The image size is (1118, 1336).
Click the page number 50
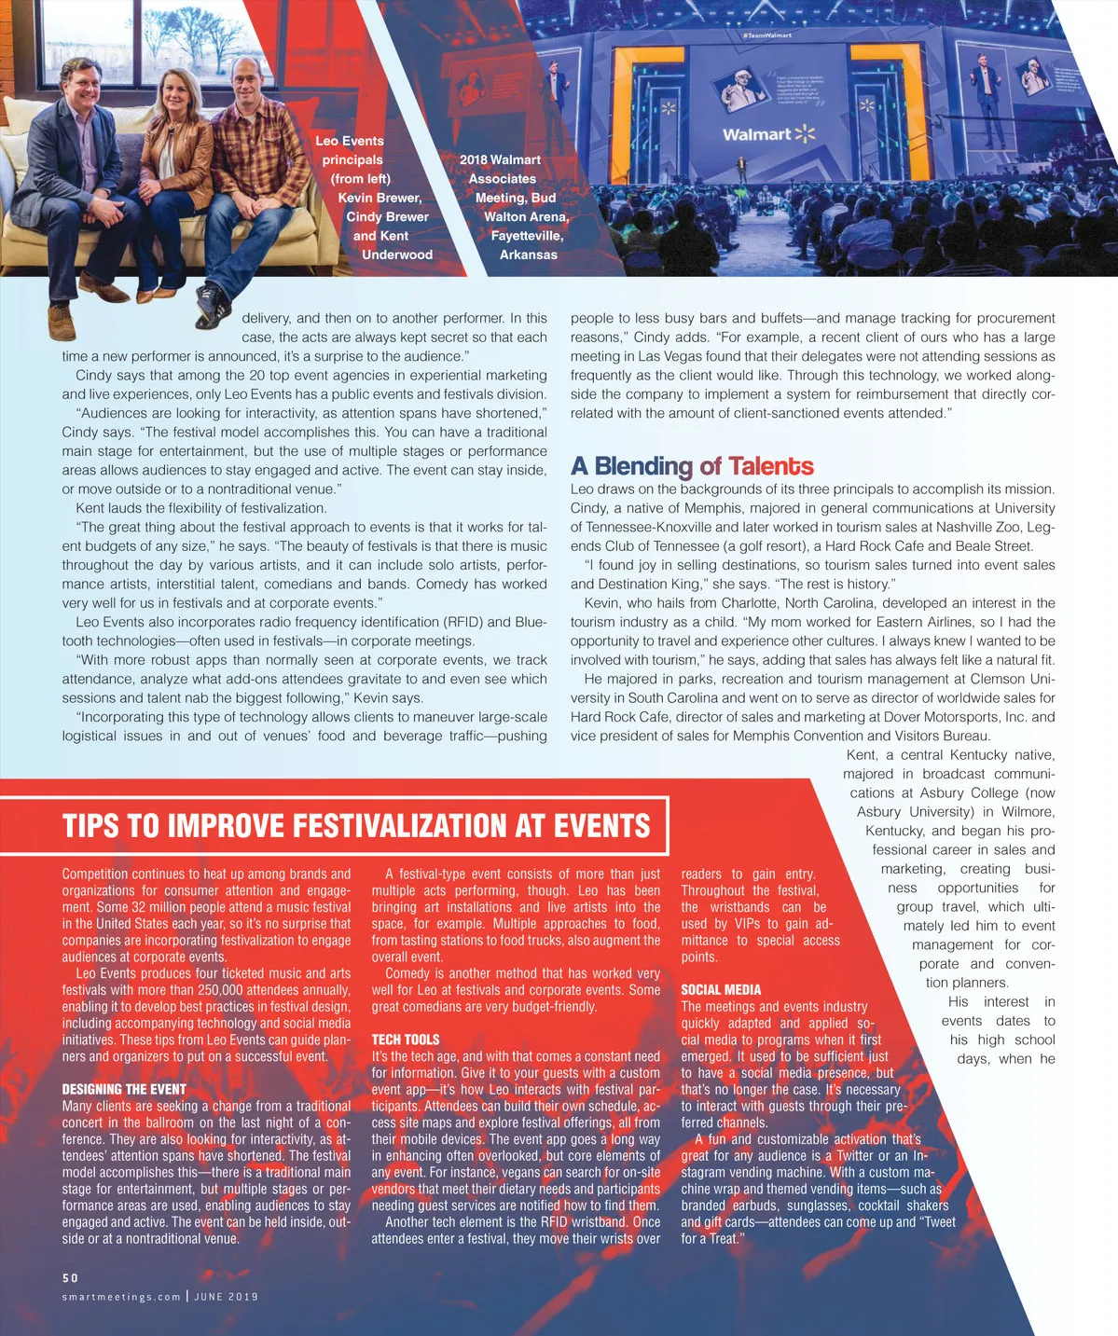pyautogui.click(x=71, y=1277)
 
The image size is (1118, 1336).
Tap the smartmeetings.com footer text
pyautogui.click(x=121, y=1297)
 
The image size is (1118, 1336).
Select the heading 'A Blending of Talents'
pyautogui.click(x=692, y=466)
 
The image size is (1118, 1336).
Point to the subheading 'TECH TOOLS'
pyautogui.click(x=405, y=1040)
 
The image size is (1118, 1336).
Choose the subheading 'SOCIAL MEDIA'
pyautogui.click(x=721, y=990)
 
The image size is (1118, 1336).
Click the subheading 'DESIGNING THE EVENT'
pyautogui.click(x=124, y=1089)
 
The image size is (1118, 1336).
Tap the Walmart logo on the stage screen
pyautogui.click(x=768, y=134)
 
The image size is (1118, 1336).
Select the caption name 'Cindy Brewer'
pyautogui.click(x=387, y=216)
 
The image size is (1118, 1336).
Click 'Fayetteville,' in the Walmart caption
pyautogui.click(x=527, y=236)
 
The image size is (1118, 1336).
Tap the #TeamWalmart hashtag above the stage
pyautogui.click(x=767, y=35)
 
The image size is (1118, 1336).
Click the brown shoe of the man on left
pyautogui.click(x=62, y=322)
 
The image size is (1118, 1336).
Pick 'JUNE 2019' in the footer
pyautogui.click(x=226, y=1297)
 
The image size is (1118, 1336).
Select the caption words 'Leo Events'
pyautogui.click(x=350, y=141)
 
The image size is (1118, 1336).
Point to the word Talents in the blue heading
pyautogui.click(x=771, y=466)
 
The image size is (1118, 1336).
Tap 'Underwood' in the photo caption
pyautogui.click(x=397, y=255)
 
